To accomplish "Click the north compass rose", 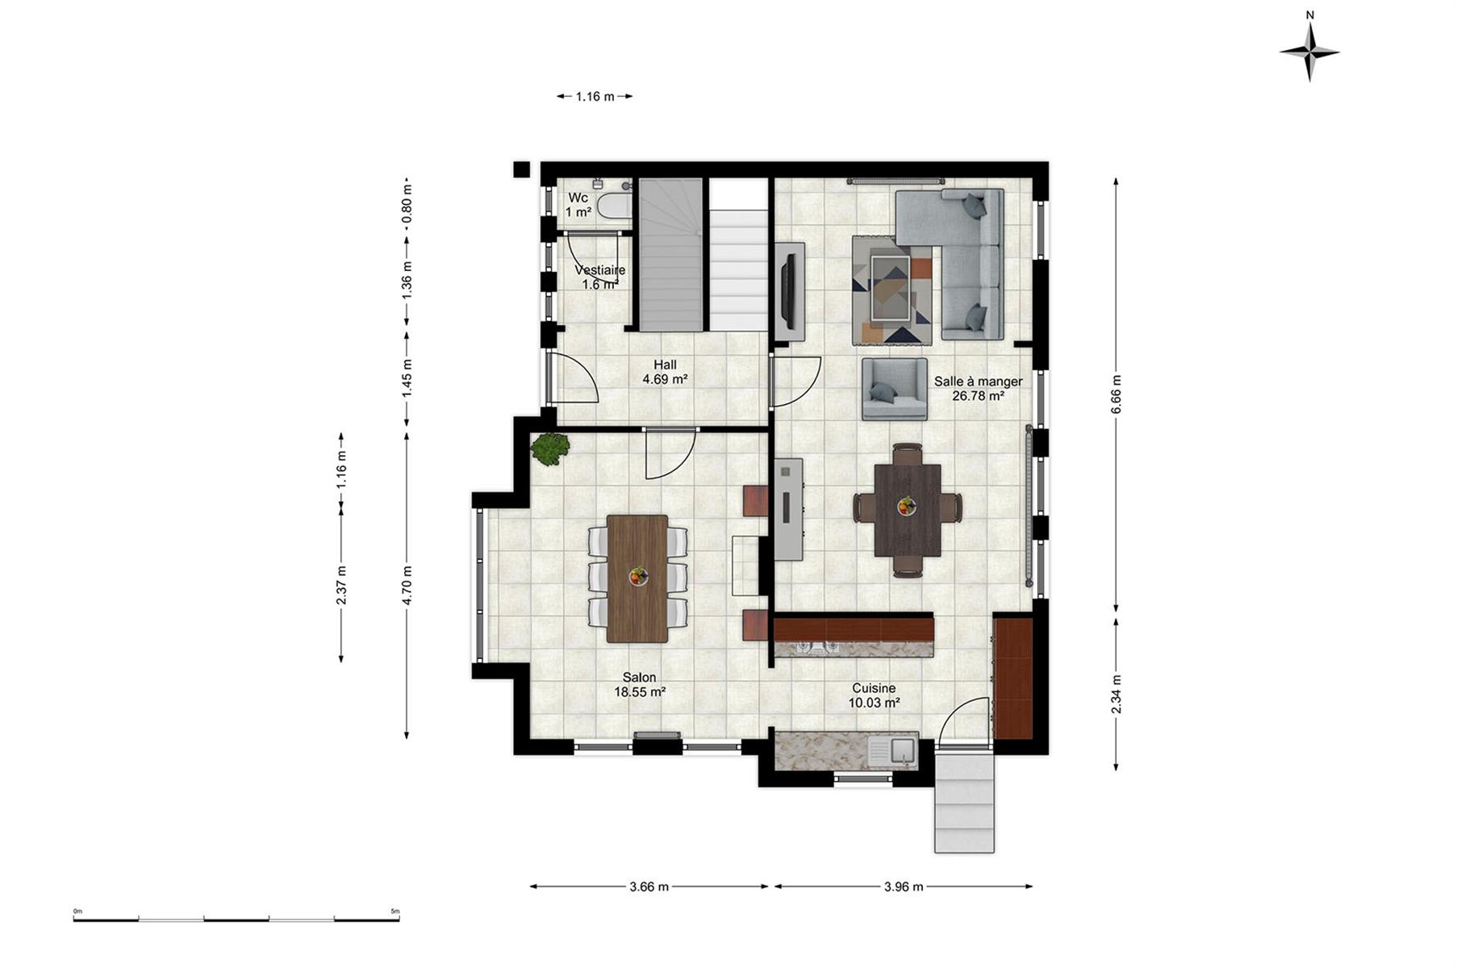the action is pos(1309,50).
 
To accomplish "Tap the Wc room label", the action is pos(578,198).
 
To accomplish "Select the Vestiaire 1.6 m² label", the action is pos(599,277).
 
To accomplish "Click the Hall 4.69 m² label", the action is pos(665,372).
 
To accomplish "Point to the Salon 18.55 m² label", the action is pos(640,685).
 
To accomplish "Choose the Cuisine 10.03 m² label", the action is pos(874,695).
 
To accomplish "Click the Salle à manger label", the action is pos(979,382).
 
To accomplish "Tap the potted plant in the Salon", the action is pos(550,449).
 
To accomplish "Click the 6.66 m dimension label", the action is pos(1116,394).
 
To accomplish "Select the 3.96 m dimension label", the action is pos(904,887).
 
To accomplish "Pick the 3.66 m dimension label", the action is pos(649,887).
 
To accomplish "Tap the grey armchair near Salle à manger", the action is pos(894,390).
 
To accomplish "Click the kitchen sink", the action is pos(891,751).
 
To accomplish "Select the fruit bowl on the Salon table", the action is pos(638,576).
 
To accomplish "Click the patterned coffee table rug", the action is pos(892,290).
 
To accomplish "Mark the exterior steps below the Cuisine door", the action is pos(964,801).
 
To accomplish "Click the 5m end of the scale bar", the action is pos(399,919).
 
